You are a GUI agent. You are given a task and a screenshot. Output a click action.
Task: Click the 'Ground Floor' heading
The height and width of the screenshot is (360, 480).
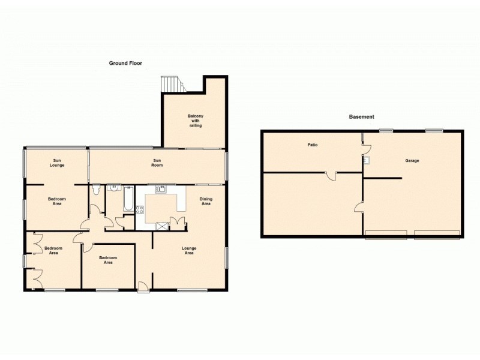[x=125, y=62]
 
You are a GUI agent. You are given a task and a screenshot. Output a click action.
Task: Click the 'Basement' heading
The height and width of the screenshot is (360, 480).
[x=362, y=116]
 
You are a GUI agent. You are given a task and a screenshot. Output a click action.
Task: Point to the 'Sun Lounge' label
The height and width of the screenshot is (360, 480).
[x=58, y=162]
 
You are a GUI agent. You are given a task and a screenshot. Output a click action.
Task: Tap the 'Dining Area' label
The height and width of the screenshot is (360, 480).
[x=206, y=201]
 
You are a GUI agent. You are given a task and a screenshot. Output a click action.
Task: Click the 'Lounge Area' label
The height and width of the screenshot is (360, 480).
[x=189, y=250]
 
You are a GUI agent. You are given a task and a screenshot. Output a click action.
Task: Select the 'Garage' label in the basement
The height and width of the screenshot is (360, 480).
[x=412, y=161]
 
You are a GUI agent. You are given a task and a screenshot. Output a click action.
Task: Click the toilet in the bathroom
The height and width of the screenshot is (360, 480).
[x=96, y=190]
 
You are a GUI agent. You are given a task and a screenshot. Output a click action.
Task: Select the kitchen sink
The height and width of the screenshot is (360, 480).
[x=160, y=190]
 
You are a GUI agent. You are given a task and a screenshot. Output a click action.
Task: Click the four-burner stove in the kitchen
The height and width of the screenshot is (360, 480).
[x=140, y=209]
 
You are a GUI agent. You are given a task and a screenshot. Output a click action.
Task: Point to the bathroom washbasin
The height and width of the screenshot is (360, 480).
[x=113, y=188]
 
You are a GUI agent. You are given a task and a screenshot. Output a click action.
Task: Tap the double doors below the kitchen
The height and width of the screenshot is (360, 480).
[x=178, y=223]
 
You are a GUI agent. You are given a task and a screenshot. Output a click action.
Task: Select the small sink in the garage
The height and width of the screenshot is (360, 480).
[x=366, y=160]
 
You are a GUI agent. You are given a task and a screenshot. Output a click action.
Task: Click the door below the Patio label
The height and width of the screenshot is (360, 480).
[x=331, y=176]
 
